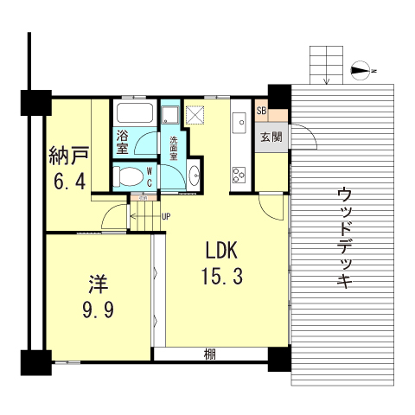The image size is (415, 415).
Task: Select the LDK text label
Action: click(x=220, y=251)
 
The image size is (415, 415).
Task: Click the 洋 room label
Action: click(x=96, y=283)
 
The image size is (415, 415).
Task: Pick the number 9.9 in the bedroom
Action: click(x=96, y=309)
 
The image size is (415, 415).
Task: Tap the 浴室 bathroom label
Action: click(x=122, y=141)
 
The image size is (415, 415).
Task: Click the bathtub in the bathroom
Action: click(x=134, y=114)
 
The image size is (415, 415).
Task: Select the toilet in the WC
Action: click(x=126, y=178)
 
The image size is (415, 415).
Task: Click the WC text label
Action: click(x=149, y=176)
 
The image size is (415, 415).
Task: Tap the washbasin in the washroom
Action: click(x=194, y=176)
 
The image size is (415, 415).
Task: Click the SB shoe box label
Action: click(x=261, y=112)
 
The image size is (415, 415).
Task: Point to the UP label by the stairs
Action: click(x=165, y=215)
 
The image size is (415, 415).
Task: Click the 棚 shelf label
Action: click(x=210, y=354)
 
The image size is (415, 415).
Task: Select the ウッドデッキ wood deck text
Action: click(x=344, y=237)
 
